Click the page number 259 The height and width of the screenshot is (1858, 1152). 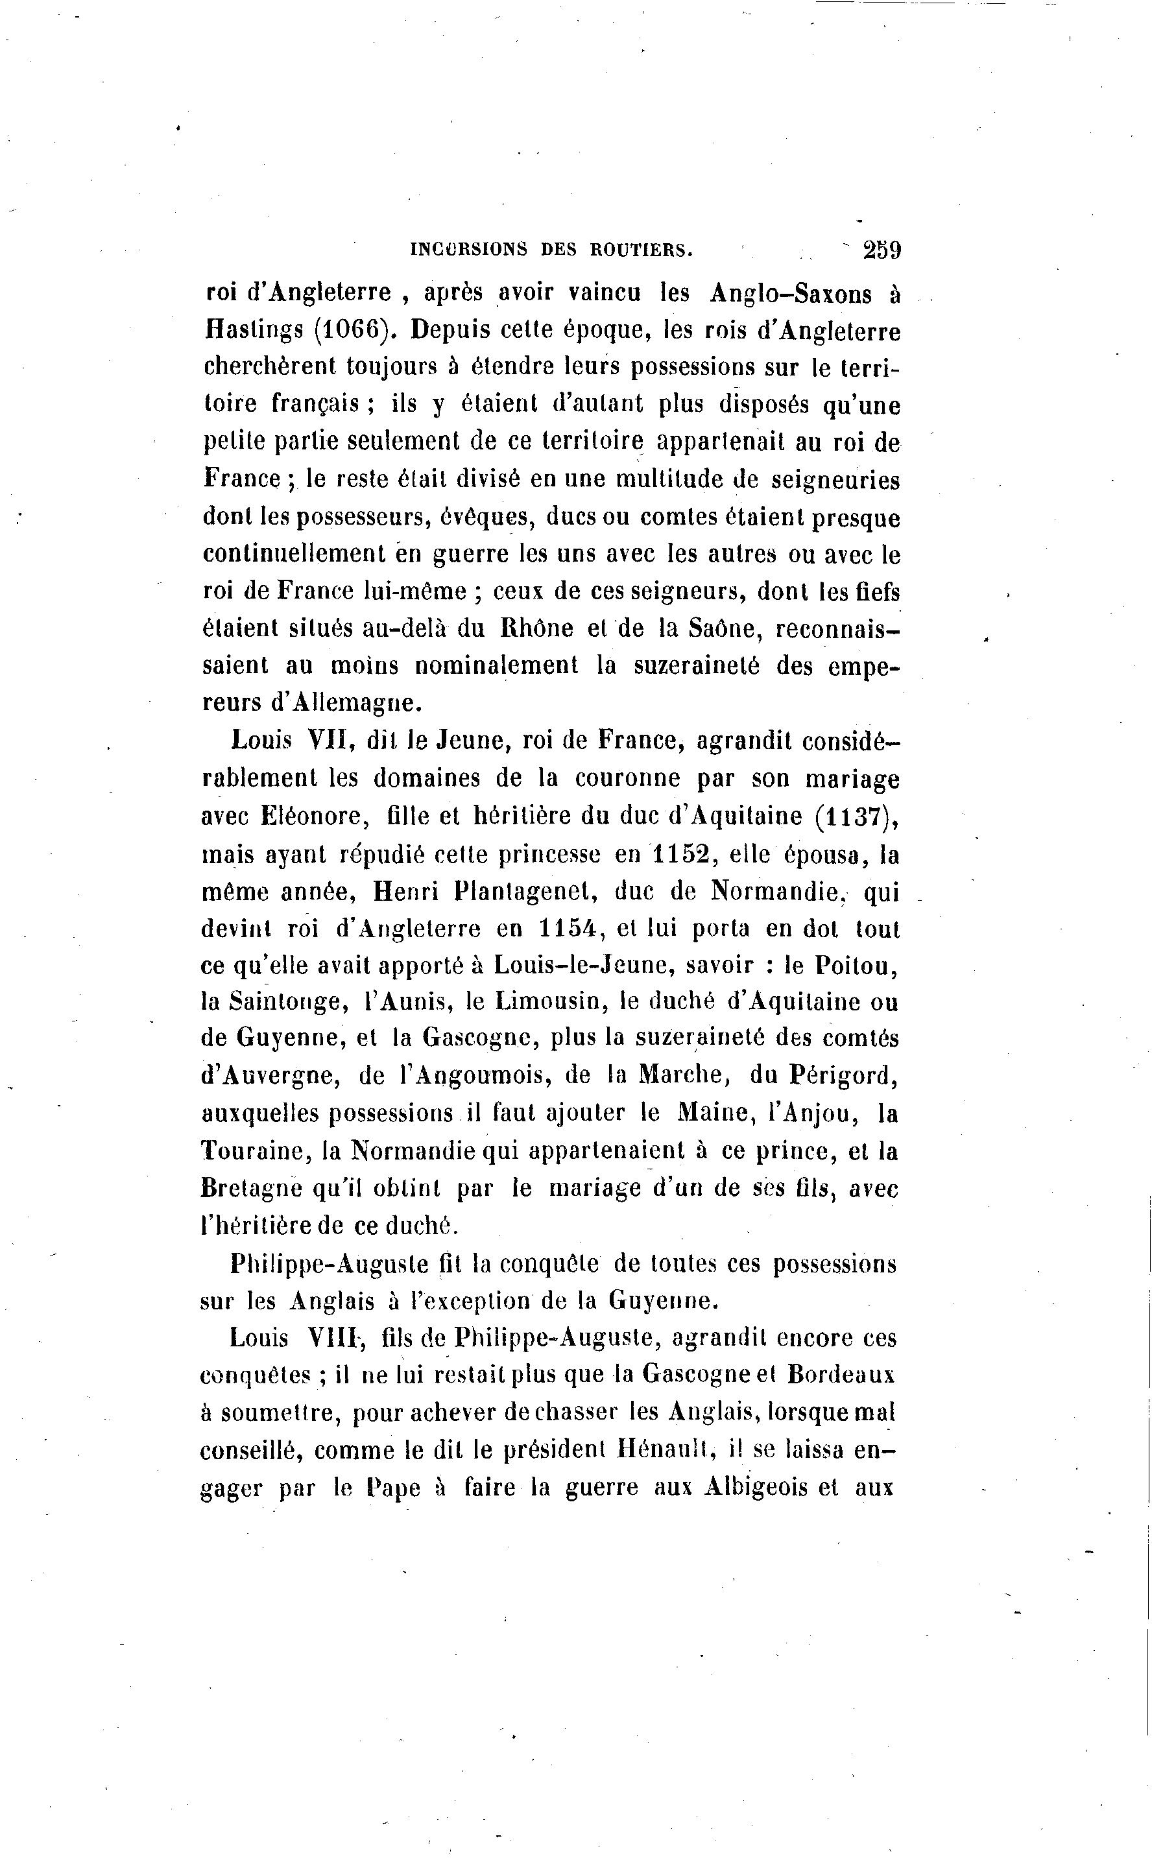click(882, 250)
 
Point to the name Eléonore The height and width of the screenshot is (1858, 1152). click(315, 816)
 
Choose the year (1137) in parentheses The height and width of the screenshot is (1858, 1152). click(855, 816)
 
